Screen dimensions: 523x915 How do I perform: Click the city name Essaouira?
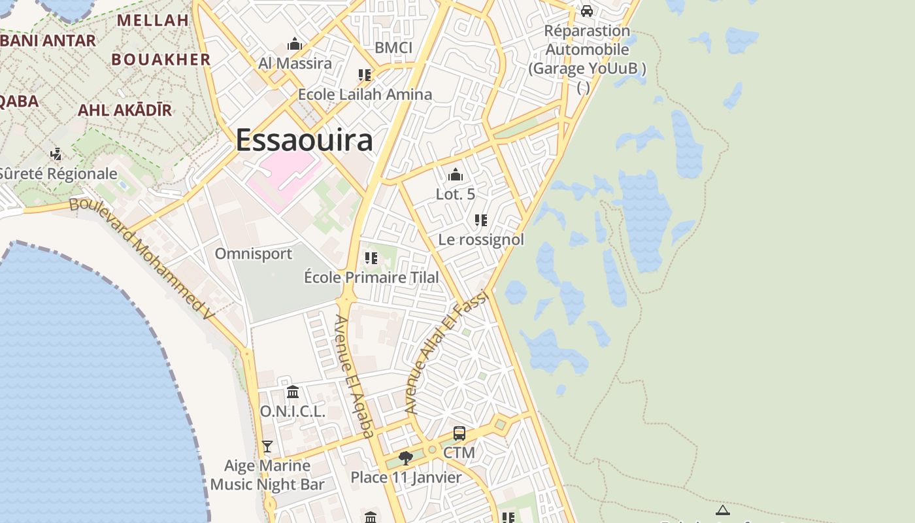tap(304, 140)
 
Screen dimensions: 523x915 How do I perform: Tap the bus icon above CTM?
tap(459, 433)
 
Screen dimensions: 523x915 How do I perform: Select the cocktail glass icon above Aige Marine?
tap(267, 447)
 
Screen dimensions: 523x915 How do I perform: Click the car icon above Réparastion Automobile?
tap(587, 11)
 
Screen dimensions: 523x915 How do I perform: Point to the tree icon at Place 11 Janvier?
tap(405, 458)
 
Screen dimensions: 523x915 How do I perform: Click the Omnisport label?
tap(254, 254)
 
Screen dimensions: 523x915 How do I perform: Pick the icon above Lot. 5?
tap(456, 175)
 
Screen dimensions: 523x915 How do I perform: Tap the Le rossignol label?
tap(481, 240)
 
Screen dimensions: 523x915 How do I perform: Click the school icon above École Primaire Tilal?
tap(371, 258)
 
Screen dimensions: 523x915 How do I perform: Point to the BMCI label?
tap(393, 48)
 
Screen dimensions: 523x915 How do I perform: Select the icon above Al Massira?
tap(295, 44)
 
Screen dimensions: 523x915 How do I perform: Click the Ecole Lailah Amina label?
tap(365, 94)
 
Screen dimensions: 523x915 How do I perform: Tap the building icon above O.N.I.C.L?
tap(293, 392)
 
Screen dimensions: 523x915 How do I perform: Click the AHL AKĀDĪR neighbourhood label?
tap(125, 110)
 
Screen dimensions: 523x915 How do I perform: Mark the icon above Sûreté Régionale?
tap(56, 154)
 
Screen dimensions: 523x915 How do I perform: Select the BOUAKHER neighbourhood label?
tap(161, 59)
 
